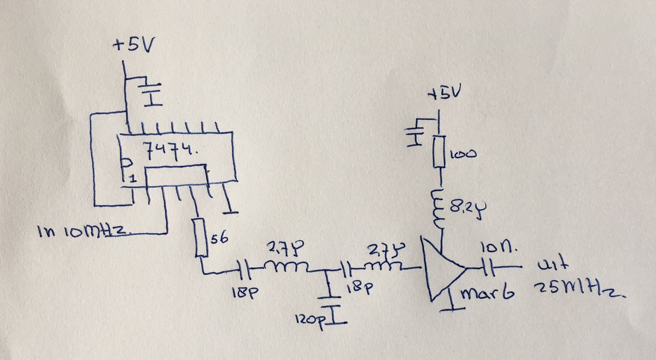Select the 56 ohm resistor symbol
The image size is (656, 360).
[201, 237]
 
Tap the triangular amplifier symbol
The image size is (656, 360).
[442, 268]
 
